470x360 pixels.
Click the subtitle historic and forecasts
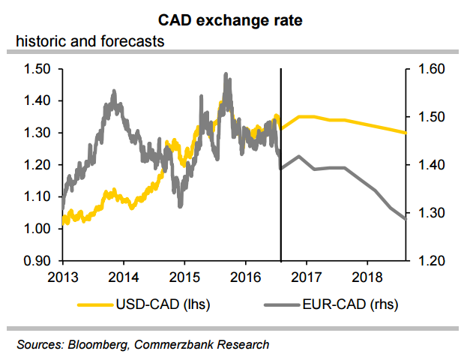tap(90, 41)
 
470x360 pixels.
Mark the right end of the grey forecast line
tap(406, 218)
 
